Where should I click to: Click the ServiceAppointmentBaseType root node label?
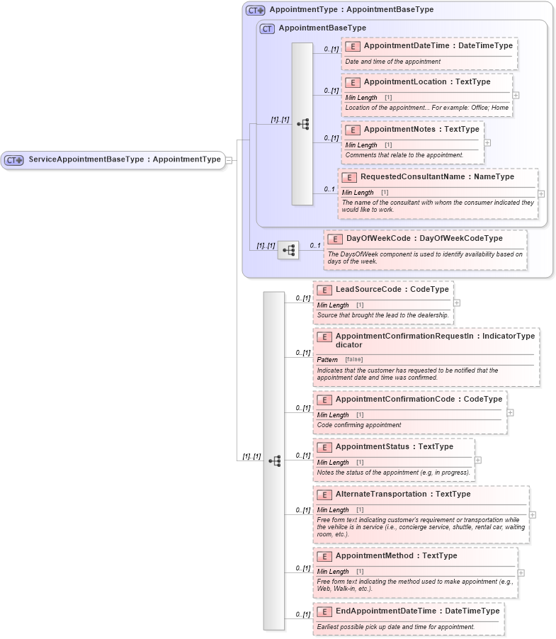[124, 159]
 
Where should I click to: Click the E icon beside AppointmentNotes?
[353, 130]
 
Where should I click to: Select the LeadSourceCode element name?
[392, 290]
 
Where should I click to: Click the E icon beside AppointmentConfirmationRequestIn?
[324, 337]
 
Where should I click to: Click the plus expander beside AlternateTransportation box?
[533, 515]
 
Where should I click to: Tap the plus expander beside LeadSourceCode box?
[457, 302]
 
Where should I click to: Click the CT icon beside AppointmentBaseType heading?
[267, 28]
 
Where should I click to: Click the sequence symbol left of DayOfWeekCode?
[288, 250]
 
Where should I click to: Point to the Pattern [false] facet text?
[340, 360]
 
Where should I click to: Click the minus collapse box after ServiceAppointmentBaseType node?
[229, 160]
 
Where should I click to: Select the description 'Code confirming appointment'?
[359, 425]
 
